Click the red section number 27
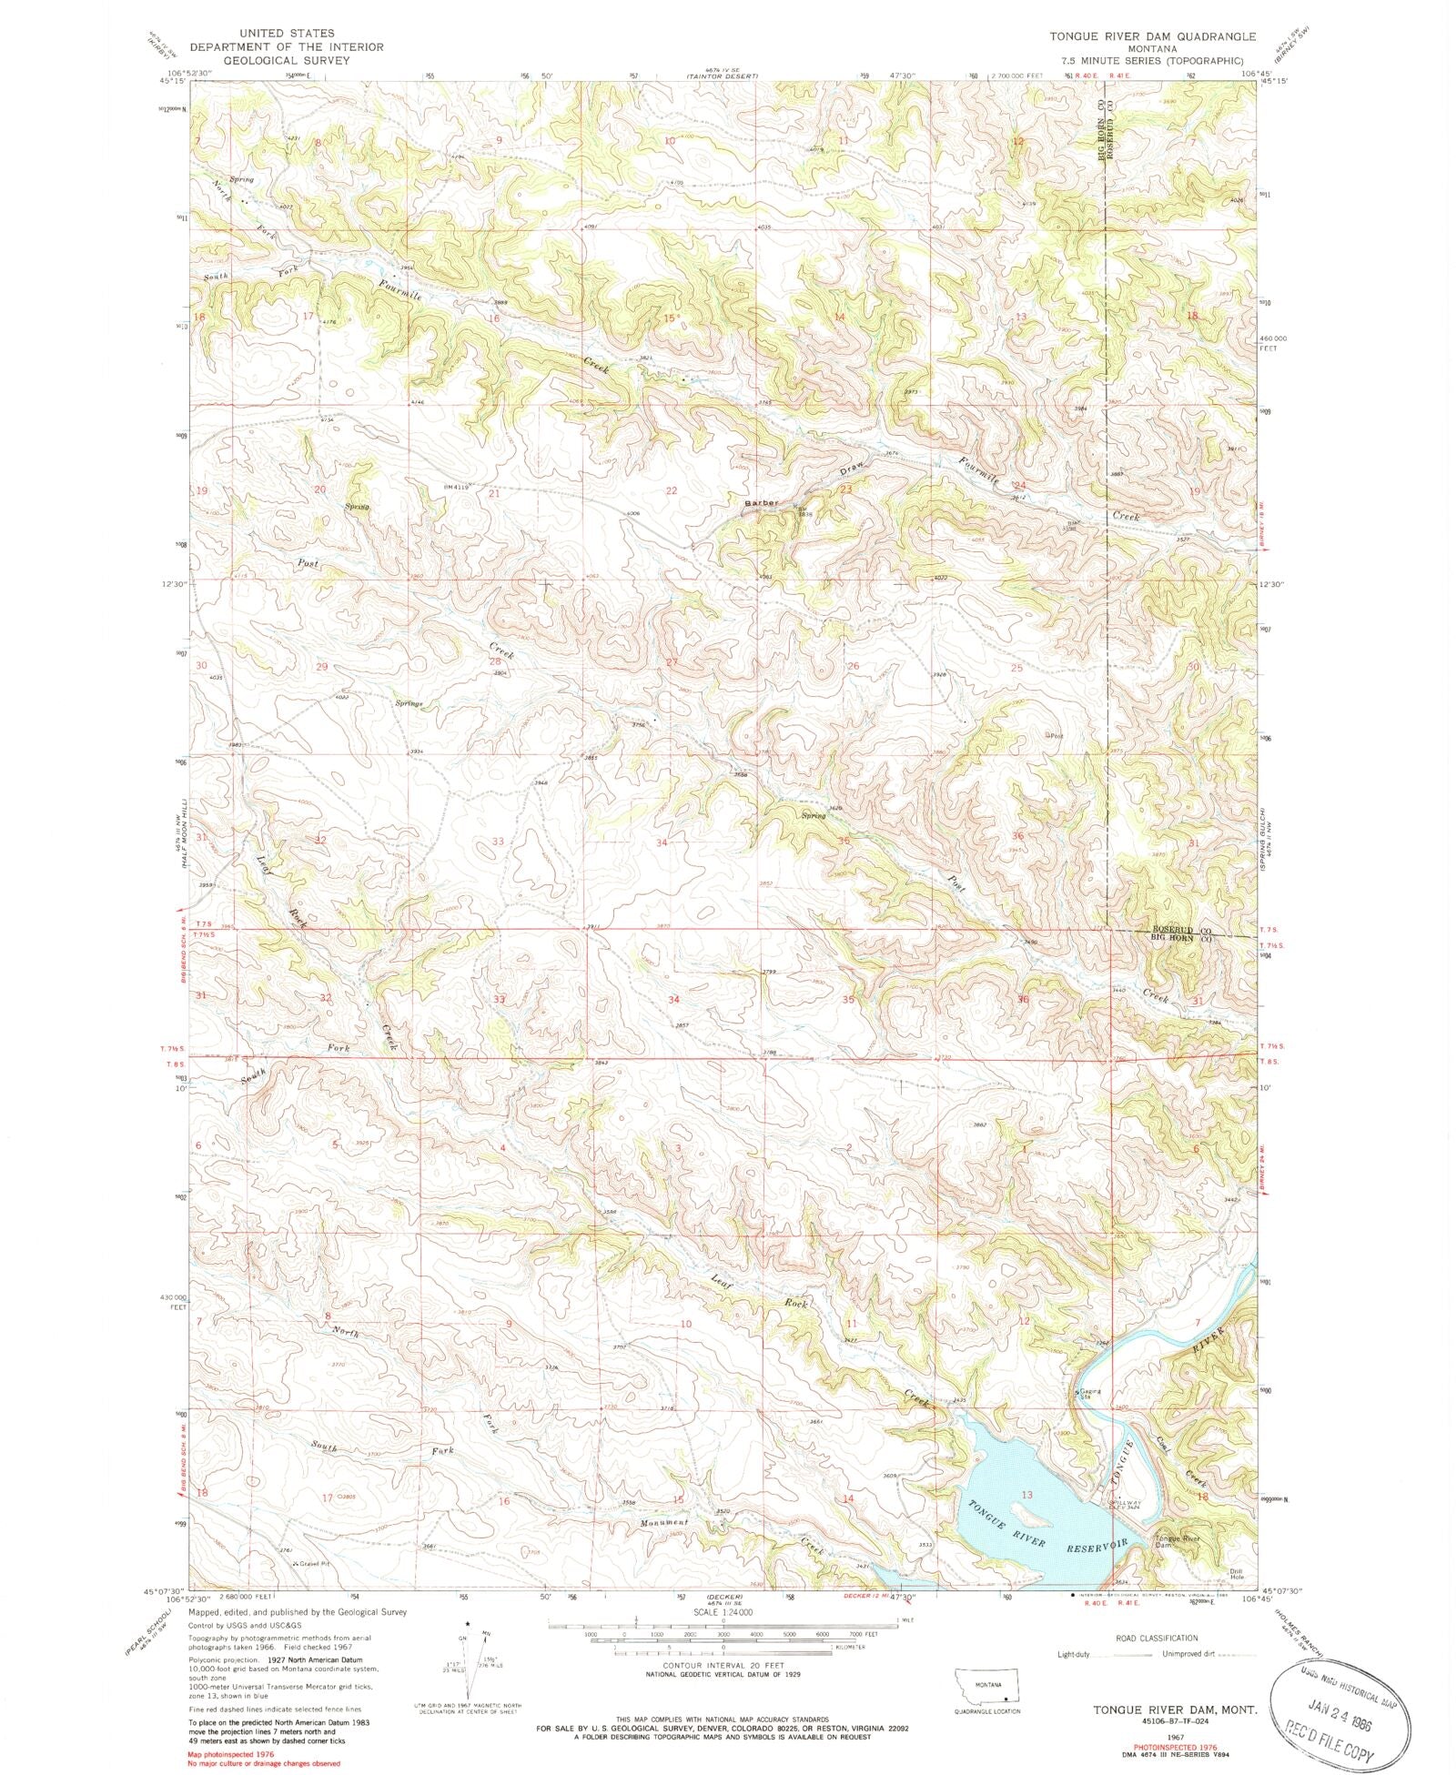point(672,662)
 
